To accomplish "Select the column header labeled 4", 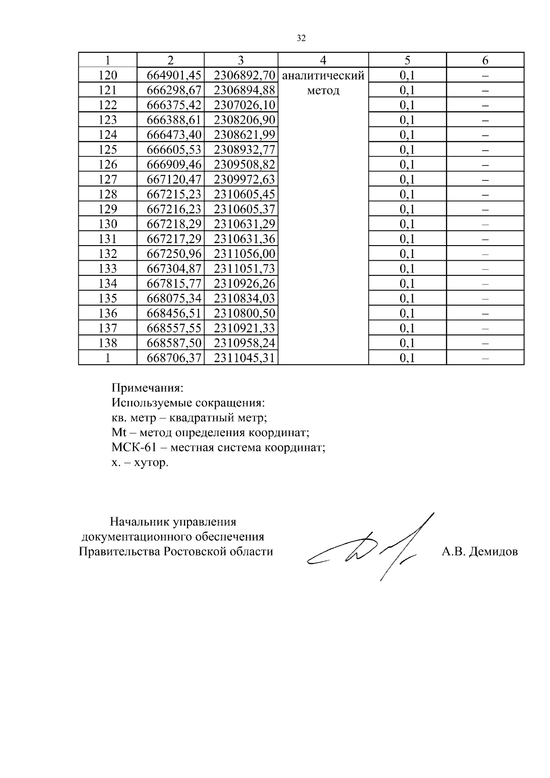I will click(323, 60).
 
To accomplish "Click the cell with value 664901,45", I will click(174, 76).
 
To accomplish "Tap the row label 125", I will click(108, 150).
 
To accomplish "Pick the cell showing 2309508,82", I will click(244, 164).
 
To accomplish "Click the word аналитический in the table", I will click(323, 76).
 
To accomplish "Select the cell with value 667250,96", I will click(174, 254).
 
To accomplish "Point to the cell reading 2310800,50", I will click(244, 313).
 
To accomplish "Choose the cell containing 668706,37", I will click(174, 358).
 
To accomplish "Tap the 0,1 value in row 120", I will click(407, 76).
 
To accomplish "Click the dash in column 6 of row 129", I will click(485, 209).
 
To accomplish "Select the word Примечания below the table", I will click(147, 389).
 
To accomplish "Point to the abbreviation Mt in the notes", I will click(118, 433).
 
